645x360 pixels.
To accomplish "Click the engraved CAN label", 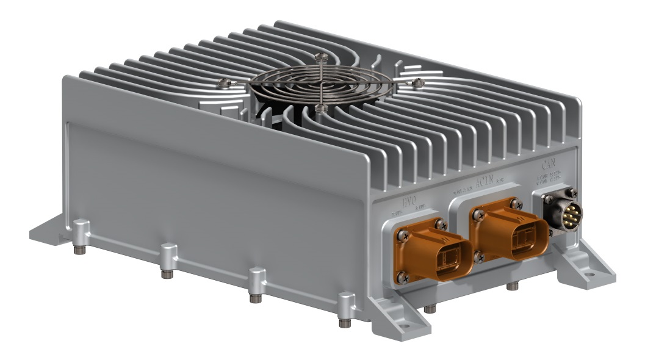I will pos(547,164).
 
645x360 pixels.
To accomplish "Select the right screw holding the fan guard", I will pos(417,81).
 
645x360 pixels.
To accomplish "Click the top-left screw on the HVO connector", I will pos(401,234).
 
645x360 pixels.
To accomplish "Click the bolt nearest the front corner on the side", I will pos(345,323).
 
